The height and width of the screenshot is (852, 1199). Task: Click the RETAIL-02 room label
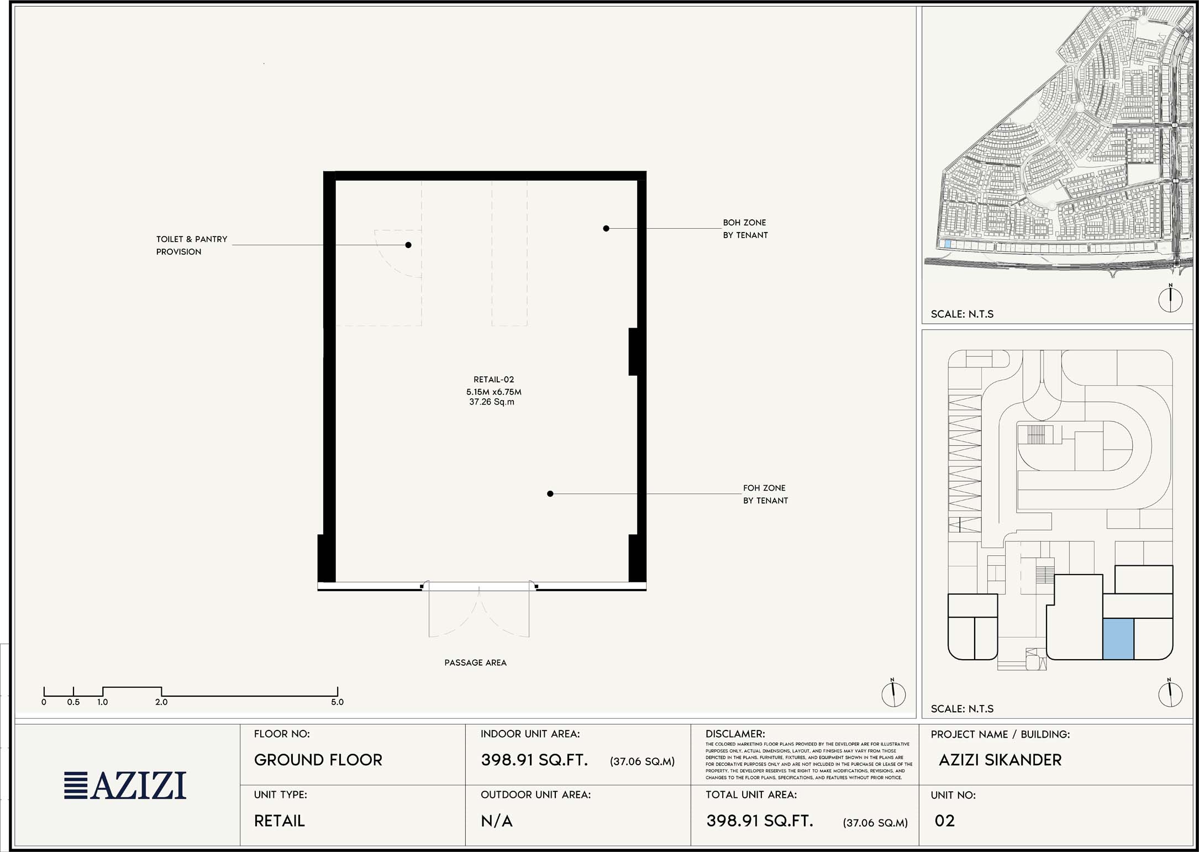(493, 380)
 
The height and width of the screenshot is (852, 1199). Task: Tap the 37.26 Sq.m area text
(492, 402)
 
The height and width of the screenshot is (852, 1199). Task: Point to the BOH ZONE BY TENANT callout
(745, 229)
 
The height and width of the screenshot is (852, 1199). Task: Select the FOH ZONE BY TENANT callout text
(765, 494)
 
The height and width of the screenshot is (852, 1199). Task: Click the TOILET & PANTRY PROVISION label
(192, 245)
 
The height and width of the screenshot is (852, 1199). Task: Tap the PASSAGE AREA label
(475, 662)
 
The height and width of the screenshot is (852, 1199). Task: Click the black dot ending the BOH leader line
(606, 228)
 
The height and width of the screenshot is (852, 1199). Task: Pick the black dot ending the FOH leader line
(550, 494)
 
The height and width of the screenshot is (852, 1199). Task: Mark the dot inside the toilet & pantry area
(408, 245)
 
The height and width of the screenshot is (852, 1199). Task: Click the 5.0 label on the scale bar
(337, 702)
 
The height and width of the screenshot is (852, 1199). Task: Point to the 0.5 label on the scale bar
(73, 702)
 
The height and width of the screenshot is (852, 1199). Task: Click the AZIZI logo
(125, 785)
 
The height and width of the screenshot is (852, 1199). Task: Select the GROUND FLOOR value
(318, 760)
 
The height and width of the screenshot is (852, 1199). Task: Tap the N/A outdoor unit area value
(497, 821)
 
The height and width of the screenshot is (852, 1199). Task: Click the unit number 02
(945, 821)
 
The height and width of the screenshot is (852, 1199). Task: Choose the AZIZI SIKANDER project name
(1000, 760)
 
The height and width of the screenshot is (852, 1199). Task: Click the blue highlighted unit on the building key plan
(1118, 639)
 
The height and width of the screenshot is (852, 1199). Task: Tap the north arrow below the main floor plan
(893, 693)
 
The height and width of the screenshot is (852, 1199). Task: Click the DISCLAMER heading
(735, 734)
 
